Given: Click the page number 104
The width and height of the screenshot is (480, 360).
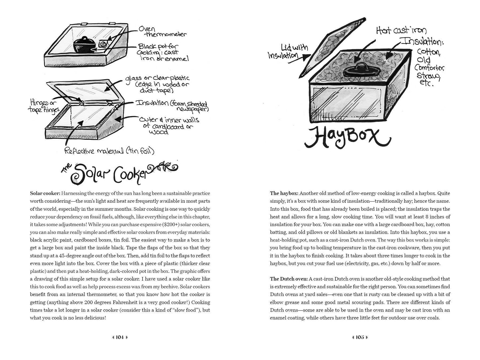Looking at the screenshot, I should [x=119, y=337].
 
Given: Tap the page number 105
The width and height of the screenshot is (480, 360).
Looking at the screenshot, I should [x=360, y=337].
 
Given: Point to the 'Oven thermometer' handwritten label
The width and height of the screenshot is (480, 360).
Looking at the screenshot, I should [x=162, y=32].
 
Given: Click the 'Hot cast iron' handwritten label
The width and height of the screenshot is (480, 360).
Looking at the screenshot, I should [x=401, y=31].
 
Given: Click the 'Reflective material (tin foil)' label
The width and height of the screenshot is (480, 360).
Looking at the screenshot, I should [x=109, y=151].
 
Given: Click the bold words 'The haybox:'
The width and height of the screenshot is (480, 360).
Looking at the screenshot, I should [x=284, y=193].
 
